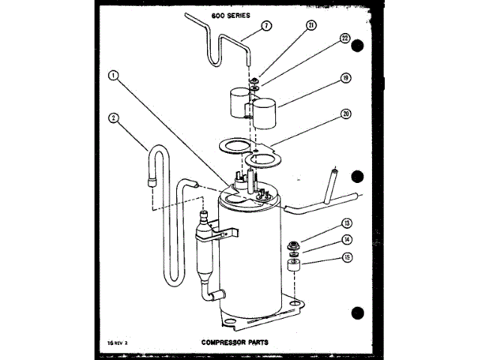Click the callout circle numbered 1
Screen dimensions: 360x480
112,75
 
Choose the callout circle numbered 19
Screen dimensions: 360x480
345,77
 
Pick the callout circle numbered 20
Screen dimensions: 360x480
346,115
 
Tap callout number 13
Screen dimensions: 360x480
346,223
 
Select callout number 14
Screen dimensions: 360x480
346,239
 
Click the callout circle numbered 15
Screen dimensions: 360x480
346,258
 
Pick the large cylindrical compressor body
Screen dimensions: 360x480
247,255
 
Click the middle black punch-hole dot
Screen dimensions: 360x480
358,178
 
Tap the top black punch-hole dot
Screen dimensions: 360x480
358,46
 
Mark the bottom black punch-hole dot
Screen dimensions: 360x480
358,312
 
